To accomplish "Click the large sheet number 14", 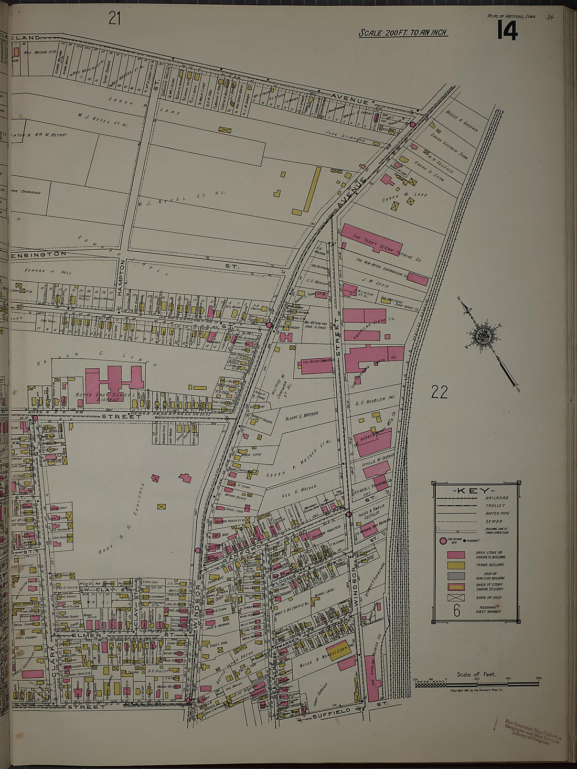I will (x=506, y=31).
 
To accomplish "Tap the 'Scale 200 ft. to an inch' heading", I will (x=402, y=33).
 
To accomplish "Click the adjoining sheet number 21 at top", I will (x=114, y=18).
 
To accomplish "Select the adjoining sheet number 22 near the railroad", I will (x=440, y=391).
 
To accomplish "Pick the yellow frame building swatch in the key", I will (x=455, y=565).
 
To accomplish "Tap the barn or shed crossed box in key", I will (x=455, y=597).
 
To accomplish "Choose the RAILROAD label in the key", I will (x=495, y=498).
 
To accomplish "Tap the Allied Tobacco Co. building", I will (x=317, y=366).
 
